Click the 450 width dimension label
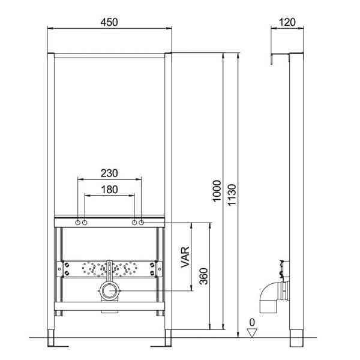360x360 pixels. pos(109,22)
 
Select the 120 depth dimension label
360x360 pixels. pos(287,22)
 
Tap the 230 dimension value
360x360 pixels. pos(109,173)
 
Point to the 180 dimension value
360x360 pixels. pos(110,190)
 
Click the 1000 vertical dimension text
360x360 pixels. pos(217,191)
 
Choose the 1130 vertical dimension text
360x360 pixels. pos(232,195)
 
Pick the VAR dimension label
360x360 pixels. pos(185,257)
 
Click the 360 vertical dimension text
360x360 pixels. pos(203,277)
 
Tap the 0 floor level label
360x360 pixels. pos(252,322)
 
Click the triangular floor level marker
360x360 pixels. pos(252,333)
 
